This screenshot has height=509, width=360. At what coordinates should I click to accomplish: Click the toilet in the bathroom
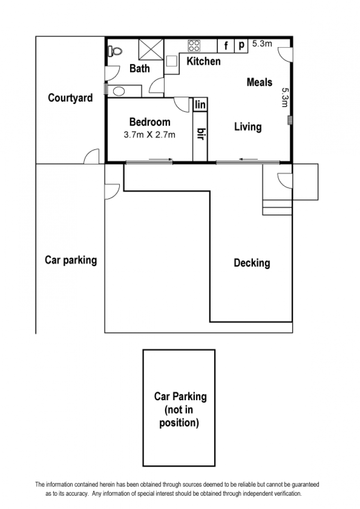point(115,51)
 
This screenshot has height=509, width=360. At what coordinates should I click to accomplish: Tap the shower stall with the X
point(151,49)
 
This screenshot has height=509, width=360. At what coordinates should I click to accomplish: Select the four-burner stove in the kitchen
point(194,46)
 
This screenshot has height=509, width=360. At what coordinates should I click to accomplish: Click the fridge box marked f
point(226,46)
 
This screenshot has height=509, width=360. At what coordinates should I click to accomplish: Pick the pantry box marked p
point(241,46)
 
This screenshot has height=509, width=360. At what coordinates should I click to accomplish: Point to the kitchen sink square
point(171,61)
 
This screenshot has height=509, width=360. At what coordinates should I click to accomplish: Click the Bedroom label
point(150,122)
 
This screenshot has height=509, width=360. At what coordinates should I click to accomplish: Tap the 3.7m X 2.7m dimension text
point(149,135)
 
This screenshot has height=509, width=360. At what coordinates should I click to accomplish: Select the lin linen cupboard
point(200,104)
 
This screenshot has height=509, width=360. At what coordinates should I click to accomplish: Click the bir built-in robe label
point(201,134)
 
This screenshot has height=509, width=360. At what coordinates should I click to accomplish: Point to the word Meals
point(259,82)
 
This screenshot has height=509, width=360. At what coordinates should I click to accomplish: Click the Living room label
point(248,127)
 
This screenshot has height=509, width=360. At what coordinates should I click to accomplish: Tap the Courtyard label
point(70,98)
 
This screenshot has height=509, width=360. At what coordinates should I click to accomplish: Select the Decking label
point(252,263)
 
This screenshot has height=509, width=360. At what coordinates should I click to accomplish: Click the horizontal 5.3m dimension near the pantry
point(262,44)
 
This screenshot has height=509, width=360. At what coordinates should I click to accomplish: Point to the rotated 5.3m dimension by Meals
point(284,98)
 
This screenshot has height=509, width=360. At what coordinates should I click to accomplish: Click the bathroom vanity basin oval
point(119,91)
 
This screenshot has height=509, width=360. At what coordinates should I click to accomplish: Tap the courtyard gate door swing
point(91,156)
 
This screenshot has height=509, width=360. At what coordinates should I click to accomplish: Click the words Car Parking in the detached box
point(180,396)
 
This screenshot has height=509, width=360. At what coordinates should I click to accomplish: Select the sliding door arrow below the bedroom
point(161,159)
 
